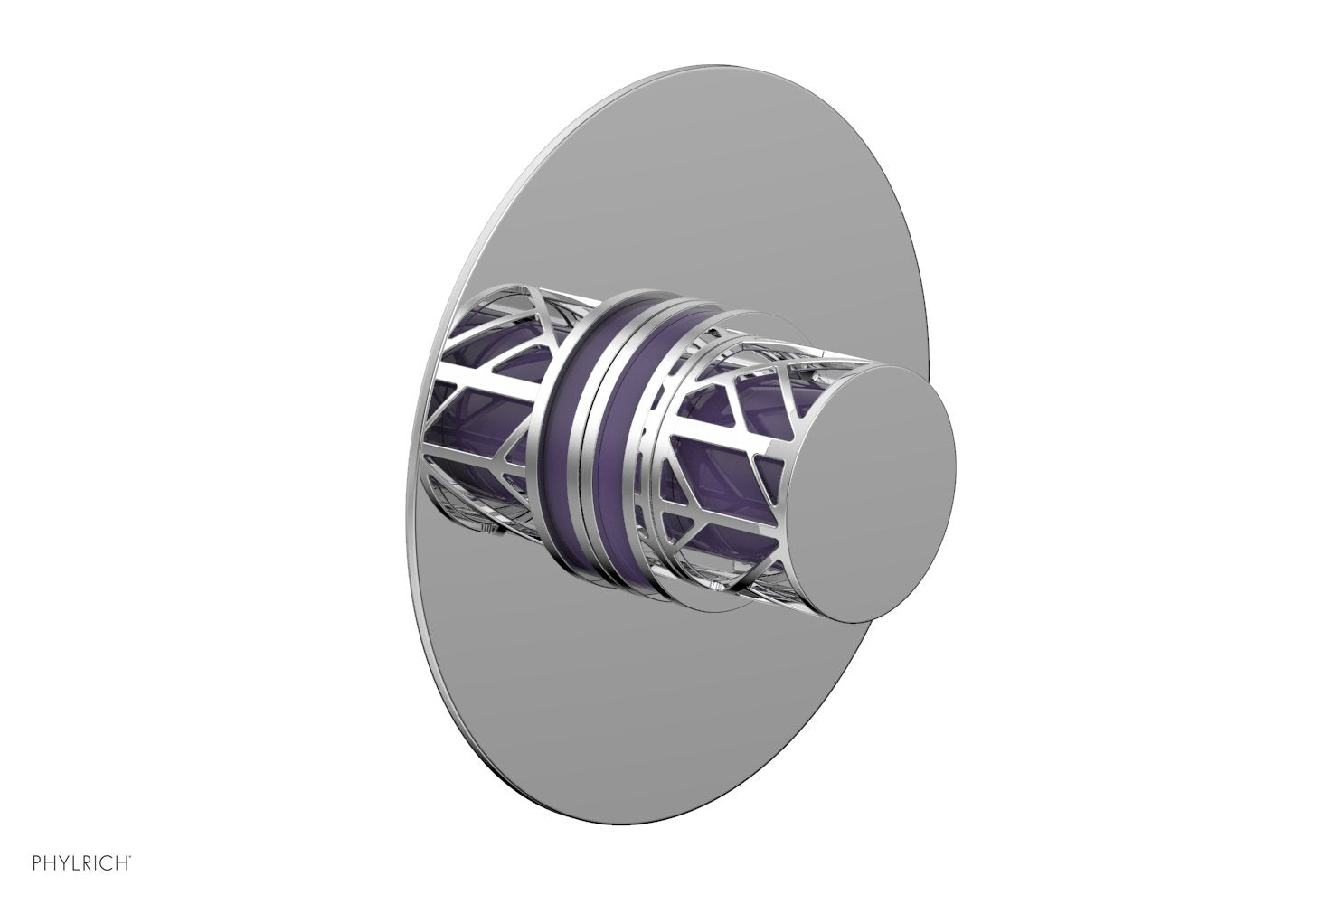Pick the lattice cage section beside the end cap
coord(723,470)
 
